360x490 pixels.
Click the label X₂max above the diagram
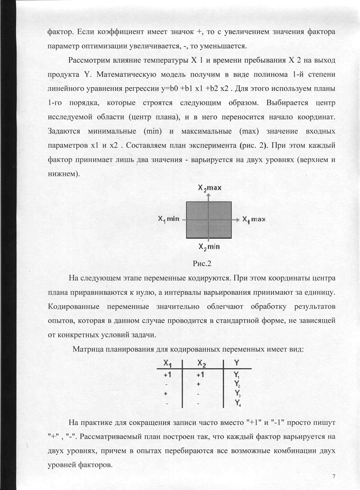point(209,189)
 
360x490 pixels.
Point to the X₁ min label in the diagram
point(168,219)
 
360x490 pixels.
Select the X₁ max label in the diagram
point(254,219)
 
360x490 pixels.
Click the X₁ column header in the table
point(167,363)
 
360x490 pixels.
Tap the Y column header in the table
point(237,363)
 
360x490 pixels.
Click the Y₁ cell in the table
point(237,375)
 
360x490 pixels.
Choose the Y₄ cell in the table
point(237,403)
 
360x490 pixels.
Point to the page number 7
point(333,476)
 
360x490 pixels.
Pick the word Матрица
point(90,349)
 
